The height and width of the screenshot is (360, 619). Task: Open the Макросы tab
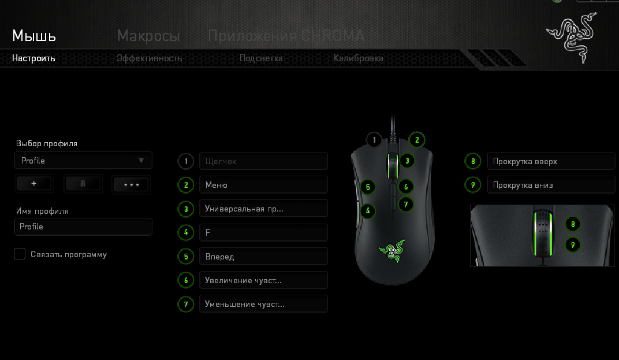pyautogui.click(x=148, y=36)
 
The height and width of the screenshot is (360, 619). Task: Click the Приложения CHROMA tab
pyautogui.click(x=286, y=36)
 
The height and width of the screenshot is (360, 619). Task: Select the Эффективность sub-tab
pyautogui.click(x=149, y=58)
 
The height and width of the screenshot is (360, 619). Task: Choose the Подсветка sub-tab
pyautogui.click(x=261, y=58)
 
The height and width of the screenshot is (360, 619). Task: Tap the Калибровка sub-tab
pyautogui.click(x=359, y=58)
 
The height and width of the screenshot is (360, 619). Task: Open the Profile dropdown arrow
pyautogui.click(x=141, y=161)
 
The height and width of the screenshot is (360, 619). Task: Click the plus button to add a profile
pyautogui.click(x=34, y=184)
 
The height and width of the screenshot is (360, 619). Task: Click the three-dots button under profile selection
pyautogui.click(x=131, y=184)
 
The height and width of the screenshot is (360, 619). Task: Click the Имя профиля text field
pyautogui.click(x=83, y=227)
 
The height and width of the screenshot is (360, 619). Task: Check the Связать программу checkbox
pyautogui.click(x=20, y=254)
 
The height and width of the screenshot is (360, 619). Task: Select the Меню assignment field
pyautogui.click(x=264, y=185)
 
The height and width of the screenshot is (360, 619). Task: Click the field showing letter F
pyautogui.click(x=264, y=233)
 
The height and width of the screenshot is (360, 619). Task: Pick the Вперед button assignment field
pyautogui.click(x=264, y=257)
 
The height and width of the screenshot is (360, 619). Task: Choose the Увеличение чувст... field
pyautogui.click(x=264, y=280)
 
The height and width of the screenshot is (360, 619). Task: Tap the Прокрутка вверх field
pyautogui.click(x=551, y=161)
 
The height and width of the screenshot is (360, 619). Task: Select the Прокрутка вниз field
pyautogui.click(x=551, y=185)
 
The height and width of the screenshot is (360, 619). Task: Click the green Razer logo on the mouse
pyautogui.click(x=392, y=251)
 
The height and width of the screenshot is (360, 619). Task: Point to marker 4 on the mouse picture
pyautogui.click(x=368, y=210)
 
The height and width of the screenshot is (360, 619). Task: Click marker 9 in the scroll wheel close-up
pyautogui.click(x=573, y=245)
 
